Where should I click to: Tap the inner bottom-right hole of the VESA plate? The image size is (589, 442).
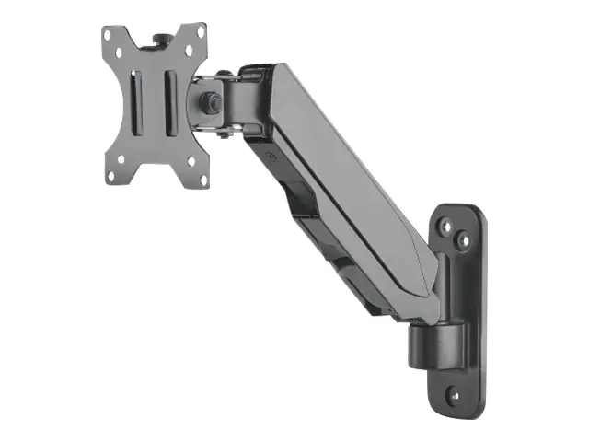(x=191, y=160)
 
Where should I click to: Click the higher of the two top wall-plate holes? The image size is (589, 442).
(x=445, y=225)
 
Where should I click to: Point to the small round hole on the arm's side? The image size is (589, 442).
(x=271, y=157)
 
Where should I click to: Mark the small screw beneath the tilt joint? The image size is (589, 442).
(x=224, y=136)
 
